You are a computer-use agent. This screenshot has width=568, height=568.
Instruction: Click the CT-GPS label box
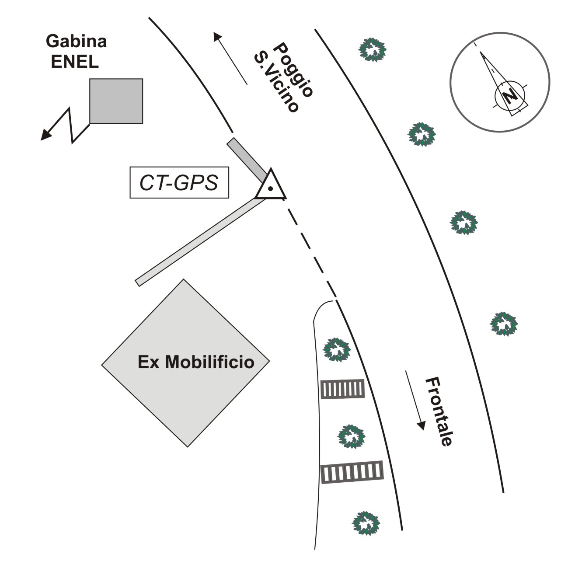179,182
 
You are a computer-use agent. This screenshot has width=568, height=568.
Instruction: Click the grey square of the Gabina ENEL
116,101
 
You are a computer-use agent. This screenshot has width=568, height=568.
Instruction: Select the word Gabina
77,42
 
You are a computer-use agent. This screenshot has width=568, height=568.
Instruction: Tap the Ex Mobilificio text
196,362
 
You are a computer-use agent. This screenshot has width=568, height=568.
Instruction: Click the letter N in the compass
509,96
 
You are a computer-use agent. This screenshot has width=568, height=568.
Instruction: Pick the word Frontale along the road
439,411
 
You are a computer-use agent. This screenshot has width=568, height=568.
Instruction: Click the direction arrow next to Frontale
415,400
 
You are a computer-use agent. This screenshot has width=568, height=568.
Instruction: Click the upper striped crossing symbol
342,389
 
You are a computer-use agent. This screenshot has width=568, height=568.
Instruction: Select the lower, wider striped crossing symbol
352,472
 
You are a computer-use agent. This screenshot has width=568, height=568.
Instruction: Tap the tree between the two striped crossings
351,436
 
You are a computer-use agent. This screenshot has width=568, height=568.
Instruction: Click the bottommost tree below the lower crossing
366,523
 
